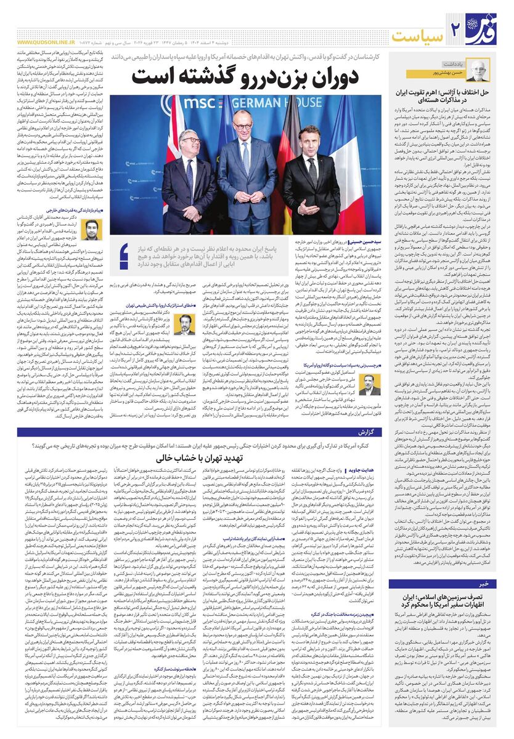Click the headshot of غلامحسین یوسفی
pos(183,324)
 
